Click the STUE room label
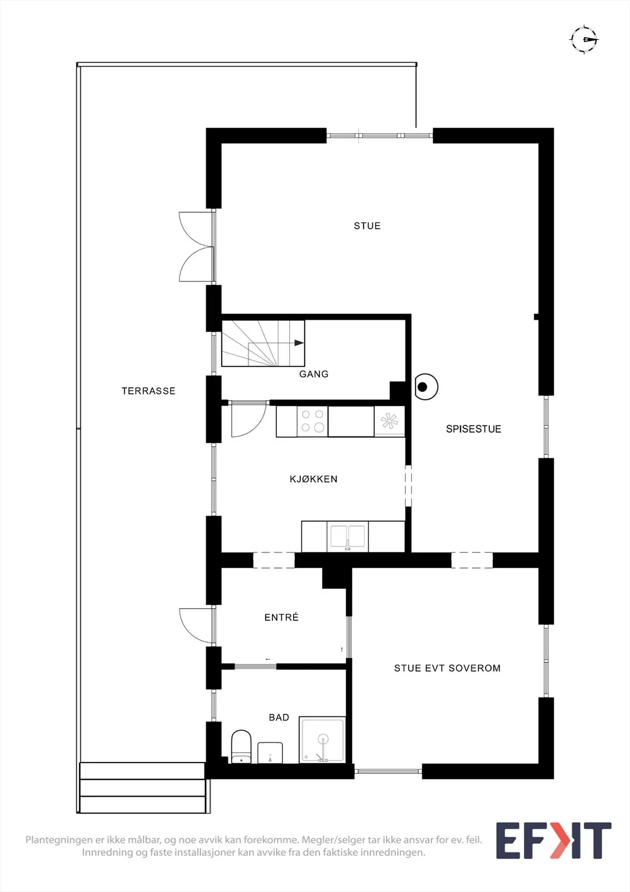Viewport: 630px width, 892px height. [x=367, y=226]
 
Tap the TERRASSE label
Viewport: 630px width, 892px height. [x=148, y=391]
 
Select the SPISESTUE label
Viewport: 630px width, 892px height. [x=473, y=429]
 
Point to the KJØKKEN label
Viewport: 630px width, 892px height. [x=314, y=479]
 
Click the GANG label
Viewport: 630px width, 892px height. [x=314, y=374]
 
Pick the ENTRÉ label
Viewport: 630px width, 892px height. [x=281, y=617]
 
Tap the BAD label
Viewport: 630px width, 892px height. [x=279, y=718]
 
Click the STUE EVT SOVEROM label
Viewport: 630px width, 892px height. [x=447, y=668]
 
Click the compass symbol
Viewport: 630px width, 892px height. [x=584, y=40]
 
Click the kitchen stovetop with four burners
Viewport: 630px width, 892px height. [x=312, y=421]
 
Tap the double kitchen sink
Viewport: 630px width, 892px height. [x=348, y=536]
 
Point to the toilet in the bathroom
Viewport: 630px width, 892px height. [x=241, y=746]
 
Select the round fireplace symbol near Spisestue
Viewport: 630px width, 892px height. [x=426, y=387]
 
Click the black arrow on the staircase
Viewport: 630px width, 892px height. [x=299, y=343]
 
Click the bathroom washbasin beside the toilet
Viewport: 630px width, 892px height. [x=270, y=753]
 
